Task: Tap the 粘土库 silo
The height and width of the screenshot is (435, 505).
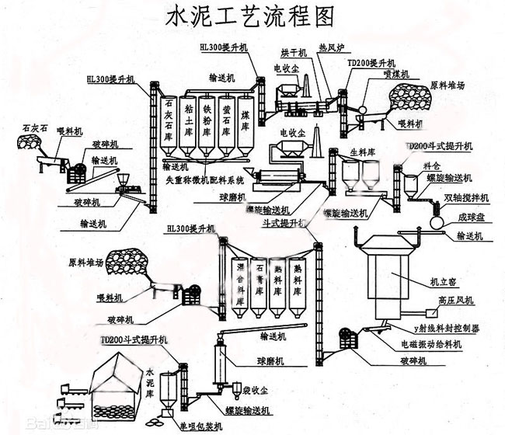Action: [187, 120]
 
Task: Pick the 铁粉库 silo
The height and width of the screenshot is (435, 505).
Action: [207, 120]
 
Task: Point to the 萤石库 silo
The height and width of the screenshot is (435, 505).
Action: [226, 120]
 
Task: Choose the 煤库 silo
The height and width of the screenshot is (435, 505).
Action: [245, 120]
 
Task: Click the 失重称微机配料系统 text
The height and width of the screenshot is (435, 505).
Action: [204, 179]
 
